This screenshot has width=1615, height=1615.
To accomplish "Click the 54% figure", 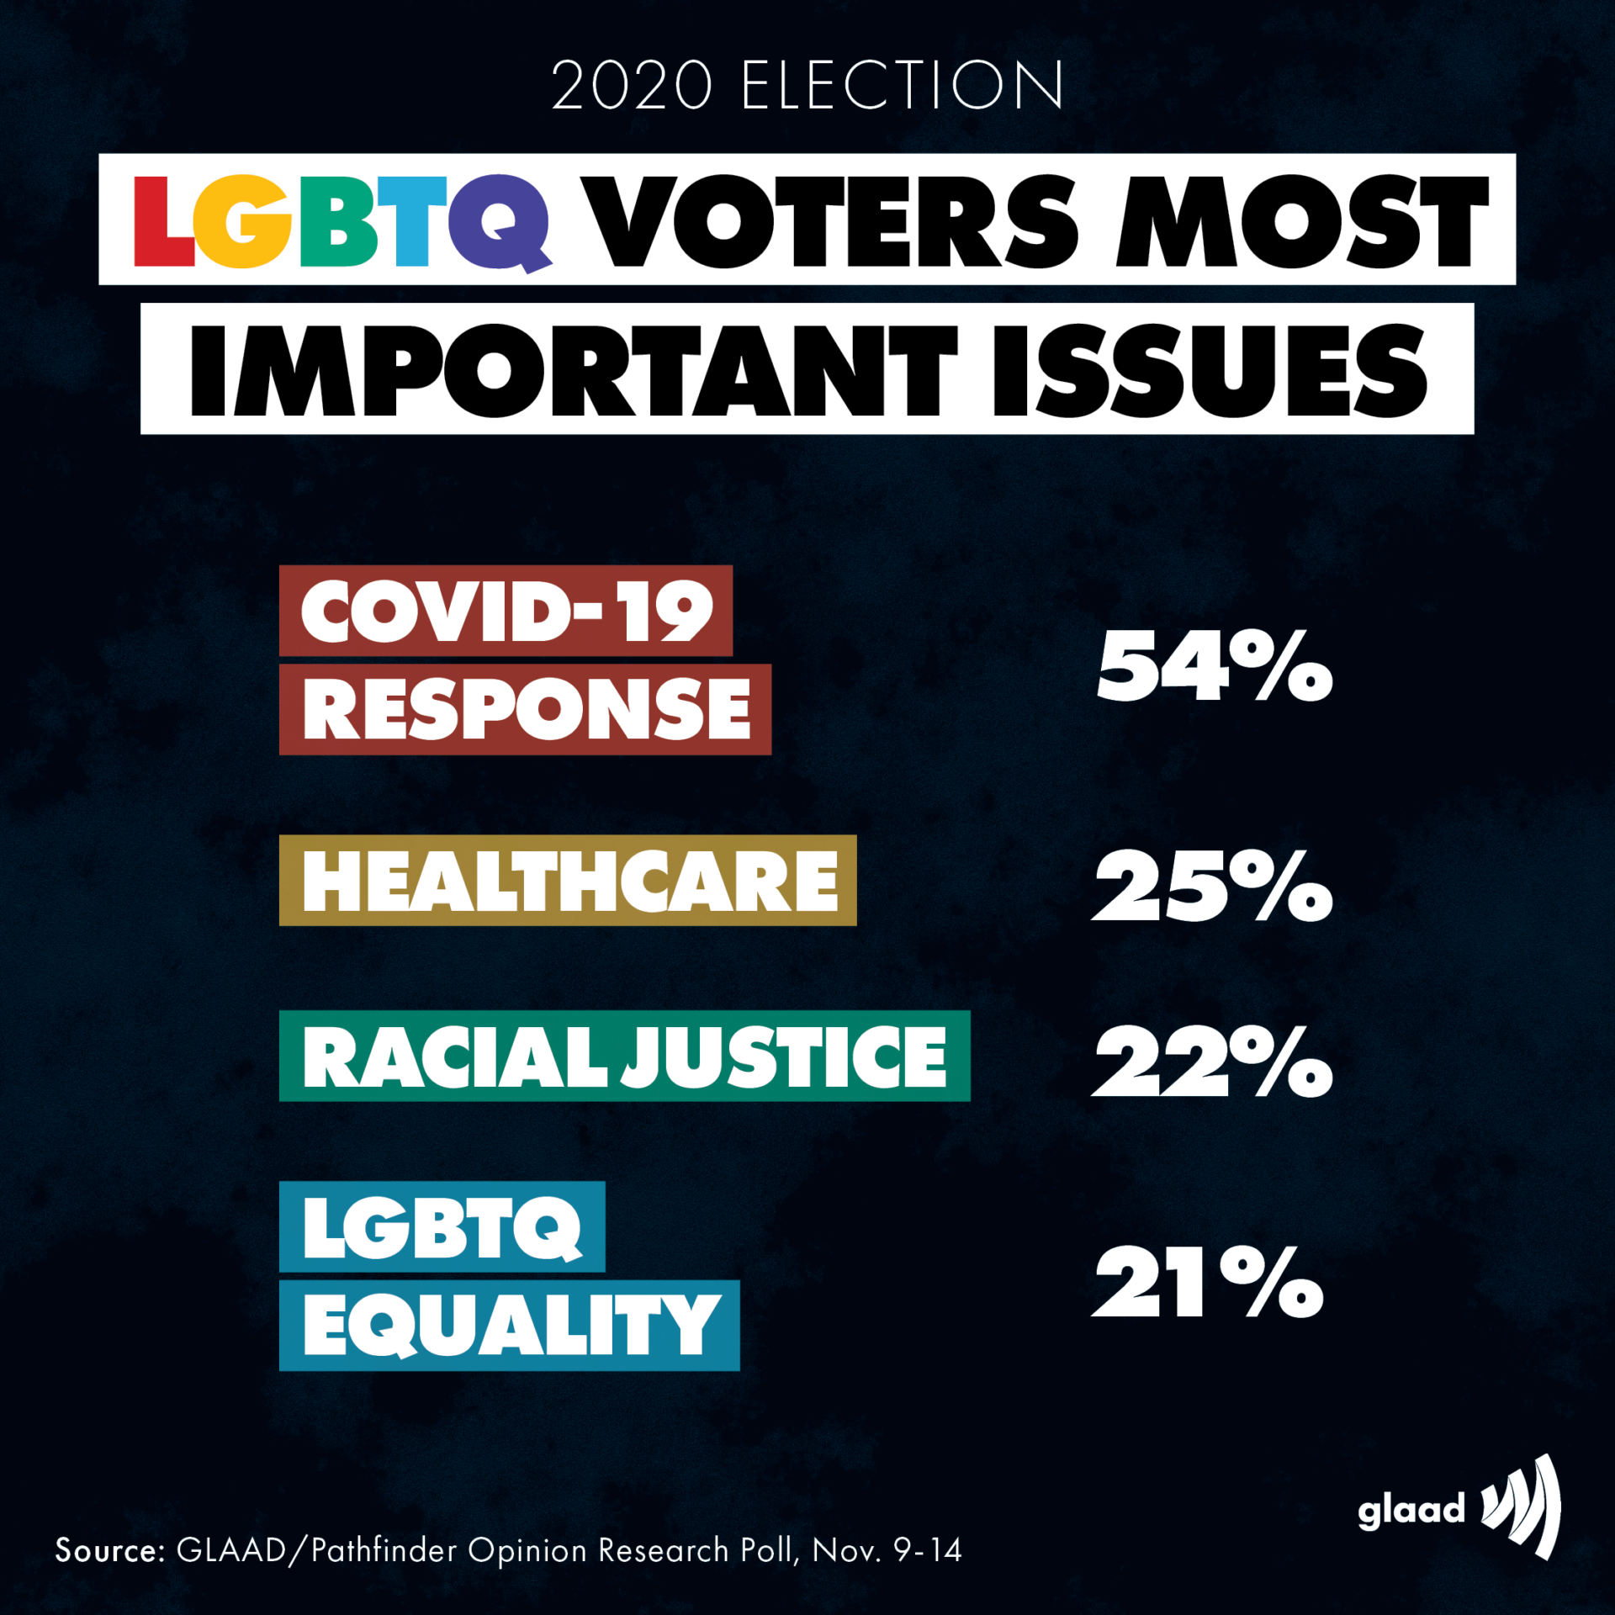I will point(1214,666).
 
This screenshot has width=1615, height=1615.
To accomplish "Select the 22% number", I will point(1212,1062).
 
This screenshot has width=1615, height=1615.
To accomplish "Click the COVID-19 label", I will point(506,612).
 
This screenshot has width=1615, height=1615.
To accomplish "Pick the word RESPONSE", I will point(526,709).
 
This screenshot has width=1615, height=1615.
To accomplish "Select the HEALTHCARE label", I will point(569,882).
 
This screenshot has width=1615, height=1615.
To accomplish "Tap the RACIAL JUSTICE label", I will point(624,1056).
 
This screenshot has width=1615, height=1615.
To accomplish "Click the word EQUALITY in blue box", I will point(510,1326).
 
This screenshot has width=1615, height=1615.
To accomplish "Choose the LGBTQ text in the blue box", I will point(442,1228).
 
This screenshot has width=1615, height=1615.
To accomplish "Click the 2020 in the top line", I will point(632,86).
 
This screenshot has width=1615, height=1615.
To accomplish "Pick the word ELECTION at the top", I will point(903,86).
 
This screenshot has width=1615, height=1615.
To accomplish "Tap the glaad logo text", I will point(1411,1510).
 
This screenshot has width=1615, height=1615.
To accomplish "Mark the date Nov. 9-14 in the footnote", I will point(887,1550).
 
